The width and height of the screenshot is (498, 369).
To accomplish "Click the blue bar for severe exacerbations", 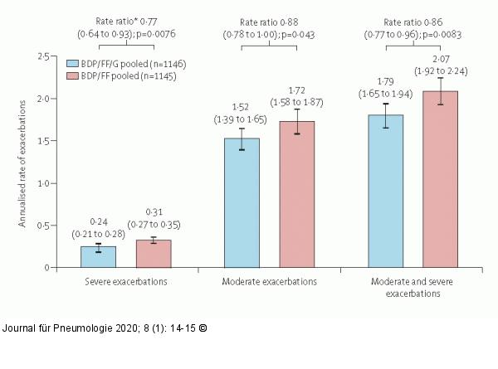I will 97,257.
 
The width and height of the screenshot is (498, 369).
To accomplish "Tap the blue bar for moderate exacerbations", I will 242,203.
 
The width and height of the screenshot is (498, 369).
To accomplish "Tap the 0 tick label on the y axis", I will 47,267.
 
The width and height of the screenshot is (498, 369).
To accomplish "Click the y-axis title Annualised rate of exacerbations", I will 22,163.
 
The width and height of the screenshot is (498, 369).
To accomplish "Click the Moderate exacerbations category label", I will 269,282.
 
